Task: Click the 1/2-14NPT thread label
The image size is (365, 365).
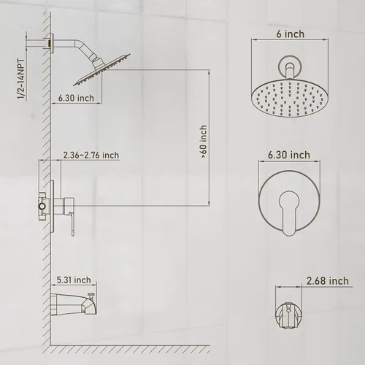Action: click(21, 79)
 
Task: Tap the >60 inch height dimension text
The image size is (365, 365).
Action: click(204, 142)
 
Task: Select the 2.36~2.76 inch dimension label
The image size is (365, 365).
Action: click(91, 155)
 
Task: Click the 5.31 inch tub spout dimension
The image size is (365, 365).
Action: click(74, 280)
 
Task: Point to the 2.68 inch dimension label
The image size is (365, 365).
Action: click(328, 281)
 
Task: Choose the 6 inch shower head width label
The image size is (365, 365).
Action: click(291, 34)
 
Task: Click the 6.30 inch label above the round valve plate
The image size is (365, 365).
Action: click(289, 155)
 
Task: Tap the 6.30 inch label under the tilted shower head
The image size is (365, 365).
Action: click(76, 98)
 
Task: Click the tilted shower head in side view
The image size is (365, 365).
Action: click(101, 70)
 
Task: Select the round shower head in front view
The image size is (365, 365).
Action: click(290, 99)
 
